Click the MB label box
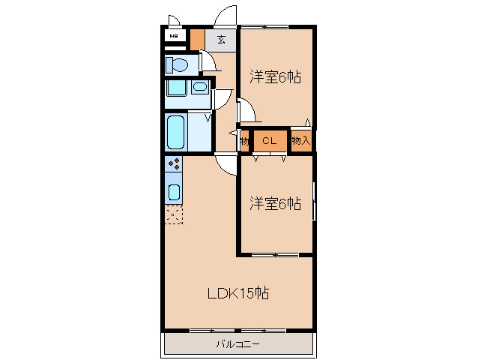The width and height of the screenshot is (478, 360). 174,36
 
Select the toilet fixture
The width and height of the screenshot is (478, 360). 178,64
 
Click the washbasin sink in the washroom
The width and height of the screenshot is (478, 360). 199,88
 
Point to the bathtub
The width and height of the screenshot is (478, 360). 176,133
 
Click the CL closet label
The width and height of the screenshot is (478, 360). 270,140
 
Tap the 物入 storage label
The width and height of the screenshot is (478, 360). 300,140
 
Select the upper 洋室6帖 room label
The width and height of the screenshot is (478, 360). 275,76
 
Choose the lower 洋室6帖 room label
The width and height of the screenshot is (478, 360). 275,202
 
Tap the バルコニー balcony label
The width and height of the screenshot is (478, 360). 238,344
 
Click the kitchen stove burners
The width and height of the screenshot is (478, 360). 174,164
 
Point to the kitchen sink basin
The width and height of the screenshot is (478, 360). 174,191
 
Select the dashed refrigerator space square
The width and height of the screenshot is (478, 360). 174,215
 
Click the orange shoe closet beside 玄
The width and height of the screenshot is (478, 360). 197,38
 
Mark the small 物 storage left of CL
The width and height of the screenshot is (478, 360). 244,140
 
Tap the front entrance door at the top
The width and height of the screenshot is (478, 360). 225,16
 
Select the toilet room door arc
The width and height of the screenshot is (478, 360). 211,62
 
